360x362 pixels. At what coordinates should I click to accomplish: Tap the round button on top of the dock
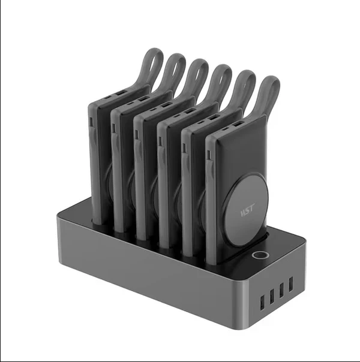(260, 257)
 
